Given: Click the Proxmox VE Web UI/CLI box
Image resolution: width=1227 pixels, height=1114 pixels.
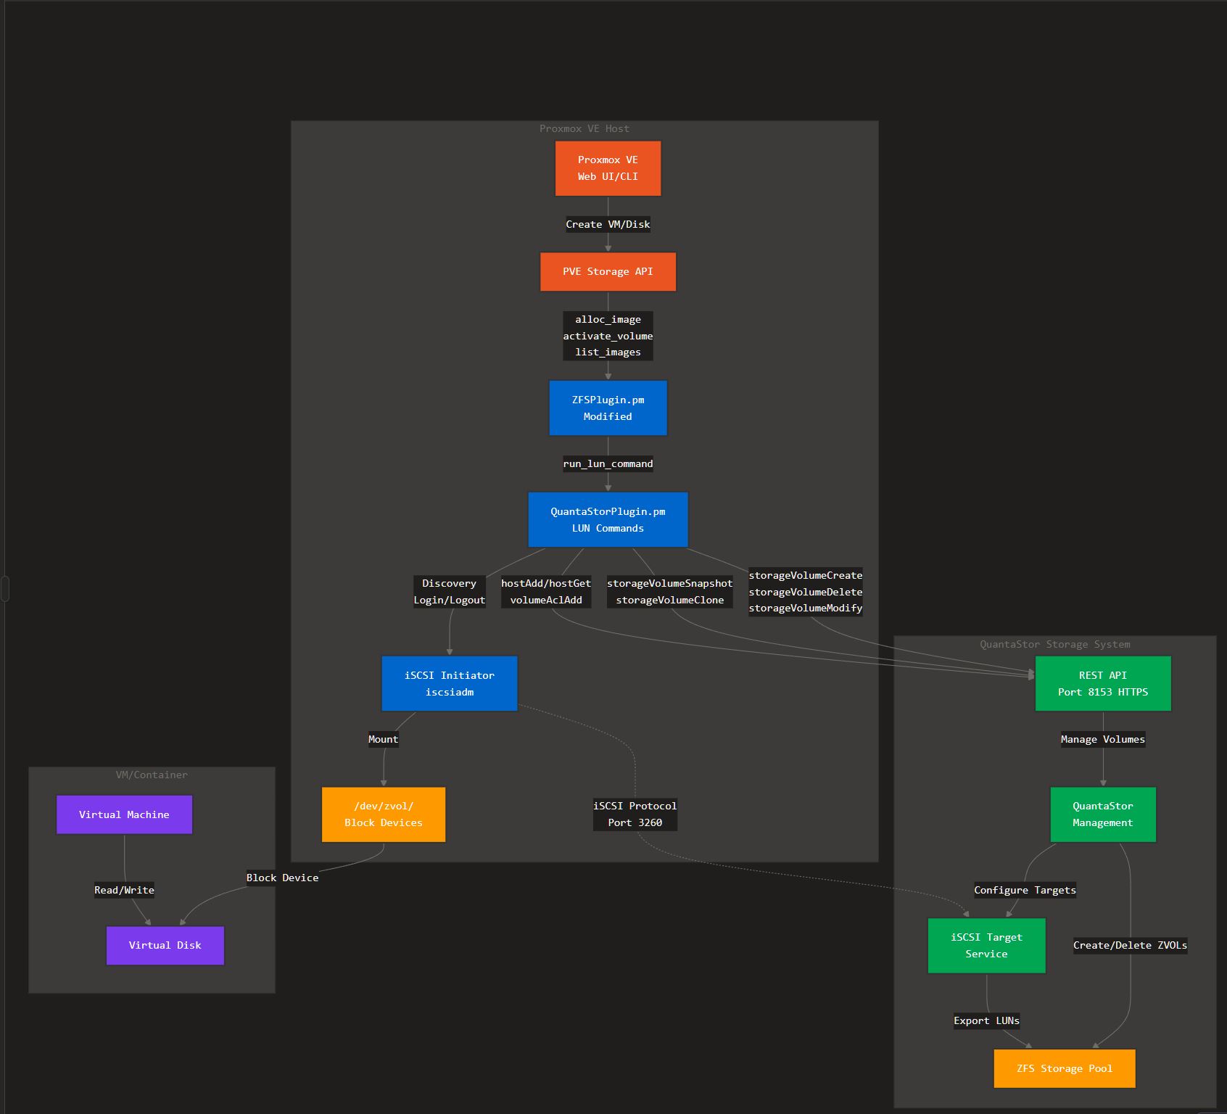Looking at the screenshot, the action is pos(608,168).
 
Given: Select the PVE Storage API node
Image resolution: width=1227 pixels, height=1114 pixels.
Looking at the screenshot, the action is pos(608,272).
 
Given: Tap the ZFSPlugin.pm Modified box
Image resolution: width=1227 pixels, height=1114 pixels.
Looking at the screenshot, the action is pos(608,408).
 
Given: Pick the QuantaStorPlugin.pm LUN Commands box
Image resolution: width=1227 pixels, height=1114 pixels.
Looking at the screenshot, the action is pos(608,520).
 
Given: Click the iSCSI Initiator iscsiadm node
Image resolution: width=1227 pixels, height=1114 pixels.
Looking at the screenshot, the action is pos(450,684).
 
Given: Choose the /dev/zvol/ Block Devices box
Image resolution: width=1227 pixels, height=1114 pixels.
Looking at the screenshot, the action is pos(384,814).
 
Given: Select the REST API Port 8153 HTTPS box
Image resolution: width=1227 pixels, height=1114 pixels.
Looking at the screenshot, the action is pos(1103,684).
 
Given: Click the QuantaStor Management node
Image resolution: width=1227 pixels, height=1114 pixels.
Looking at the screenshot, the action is pos(1103,814).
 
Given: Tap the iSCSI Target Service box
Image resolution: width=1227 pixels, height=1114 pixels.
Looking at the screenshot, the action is pos(987,946).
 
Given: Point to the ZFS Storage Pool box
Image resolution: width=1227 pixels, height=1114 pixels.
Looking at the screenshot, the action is pos(1065,1068).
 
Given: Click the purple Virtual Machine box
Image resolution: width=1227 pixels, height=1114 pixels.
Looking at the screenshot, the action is pos(124,814).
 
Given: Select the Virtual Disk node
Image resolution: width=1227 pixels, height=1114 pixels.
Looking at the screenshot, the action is pos(165,946).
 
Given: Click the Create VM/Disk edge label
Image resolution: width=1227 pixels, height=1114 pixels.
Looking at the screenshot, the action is pos(608,224).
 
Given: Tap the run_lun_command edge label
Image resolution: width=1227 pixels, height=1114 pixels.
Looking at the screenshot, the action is pos(608,463).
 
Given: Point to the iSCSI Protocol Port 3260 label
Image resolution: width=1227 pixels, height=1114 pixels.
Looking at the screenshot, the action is pos(635,814).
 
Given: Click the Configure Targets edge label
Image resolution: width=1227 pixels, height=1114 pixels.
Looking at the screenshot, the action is pos(1025,890).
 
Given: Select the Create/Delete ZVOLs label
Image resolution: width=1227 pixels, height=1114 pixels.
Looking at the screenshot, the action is pos(1130,945).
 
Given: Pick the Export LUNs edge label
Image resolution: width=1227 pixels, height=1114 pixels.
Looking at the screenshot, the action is pos(986,1020).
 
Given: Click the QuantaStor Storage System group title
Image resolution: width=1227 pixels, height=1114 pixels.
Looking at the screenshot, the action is pos(1054,644).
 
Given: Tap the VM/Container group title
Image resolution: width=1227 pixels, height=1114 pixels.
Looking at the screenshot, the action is pos(152,775).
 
